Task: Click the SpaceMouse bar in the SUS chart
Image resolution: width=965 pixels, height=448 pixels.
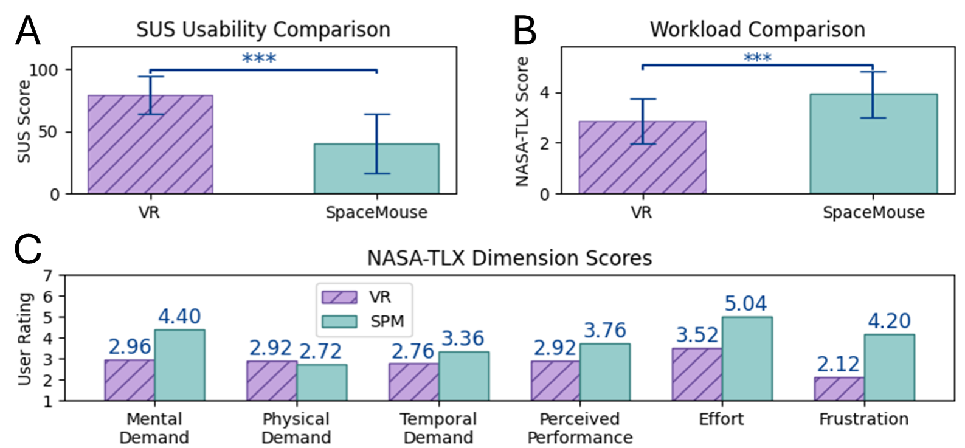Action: [376, 168]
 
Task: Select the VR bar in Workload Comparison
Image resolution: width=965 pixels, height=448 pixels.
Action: [642, 157]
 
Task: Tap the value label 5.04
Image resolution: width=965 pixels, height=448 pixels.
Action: [745, 303]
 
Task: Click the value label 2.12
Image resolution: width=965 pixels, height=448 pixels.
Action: [838, 364]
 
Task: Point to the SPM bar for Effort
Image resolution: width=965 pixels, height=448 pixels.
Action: [747, 359]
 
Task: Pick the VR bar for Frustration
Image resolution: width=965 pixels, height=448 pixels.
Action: [839, 389]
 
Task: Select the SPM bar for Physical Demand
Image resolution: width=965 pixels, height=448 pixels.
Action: [322, 382]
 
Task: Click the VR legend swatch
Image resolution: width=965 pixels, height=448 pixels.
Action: [339, 297]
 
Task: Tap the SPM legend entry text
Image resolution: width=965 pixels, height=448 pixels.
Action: [387, 321]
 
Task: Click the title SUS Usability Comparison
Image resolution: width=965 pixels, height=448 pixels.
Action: [263, 29]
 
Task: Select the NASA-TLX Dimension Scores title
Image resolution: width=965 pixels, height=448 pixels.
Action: [510, 258]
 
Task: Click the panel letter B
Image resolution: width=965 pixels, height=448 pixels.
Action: [525, 31]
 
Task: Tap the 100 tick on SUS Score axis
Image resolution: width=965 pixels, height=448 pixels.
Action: [44, 70]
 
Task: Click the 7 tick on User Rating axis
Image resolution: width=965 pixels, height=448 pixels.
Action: [48, 276]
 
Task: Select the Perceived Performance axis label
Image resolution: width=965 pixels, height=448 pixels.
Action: [580, 428]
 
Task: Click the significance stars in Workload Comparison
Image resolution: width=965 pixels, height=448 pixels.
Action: [757, 58]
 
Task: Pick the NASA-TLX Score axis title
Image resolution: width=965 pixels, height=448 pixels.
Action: [522, 122]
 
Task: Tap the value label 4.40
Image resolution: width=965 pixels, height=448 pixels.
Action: [179, 316]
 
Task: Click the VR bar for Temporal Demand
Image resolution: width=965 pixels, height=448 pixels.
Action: [413, 382]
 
